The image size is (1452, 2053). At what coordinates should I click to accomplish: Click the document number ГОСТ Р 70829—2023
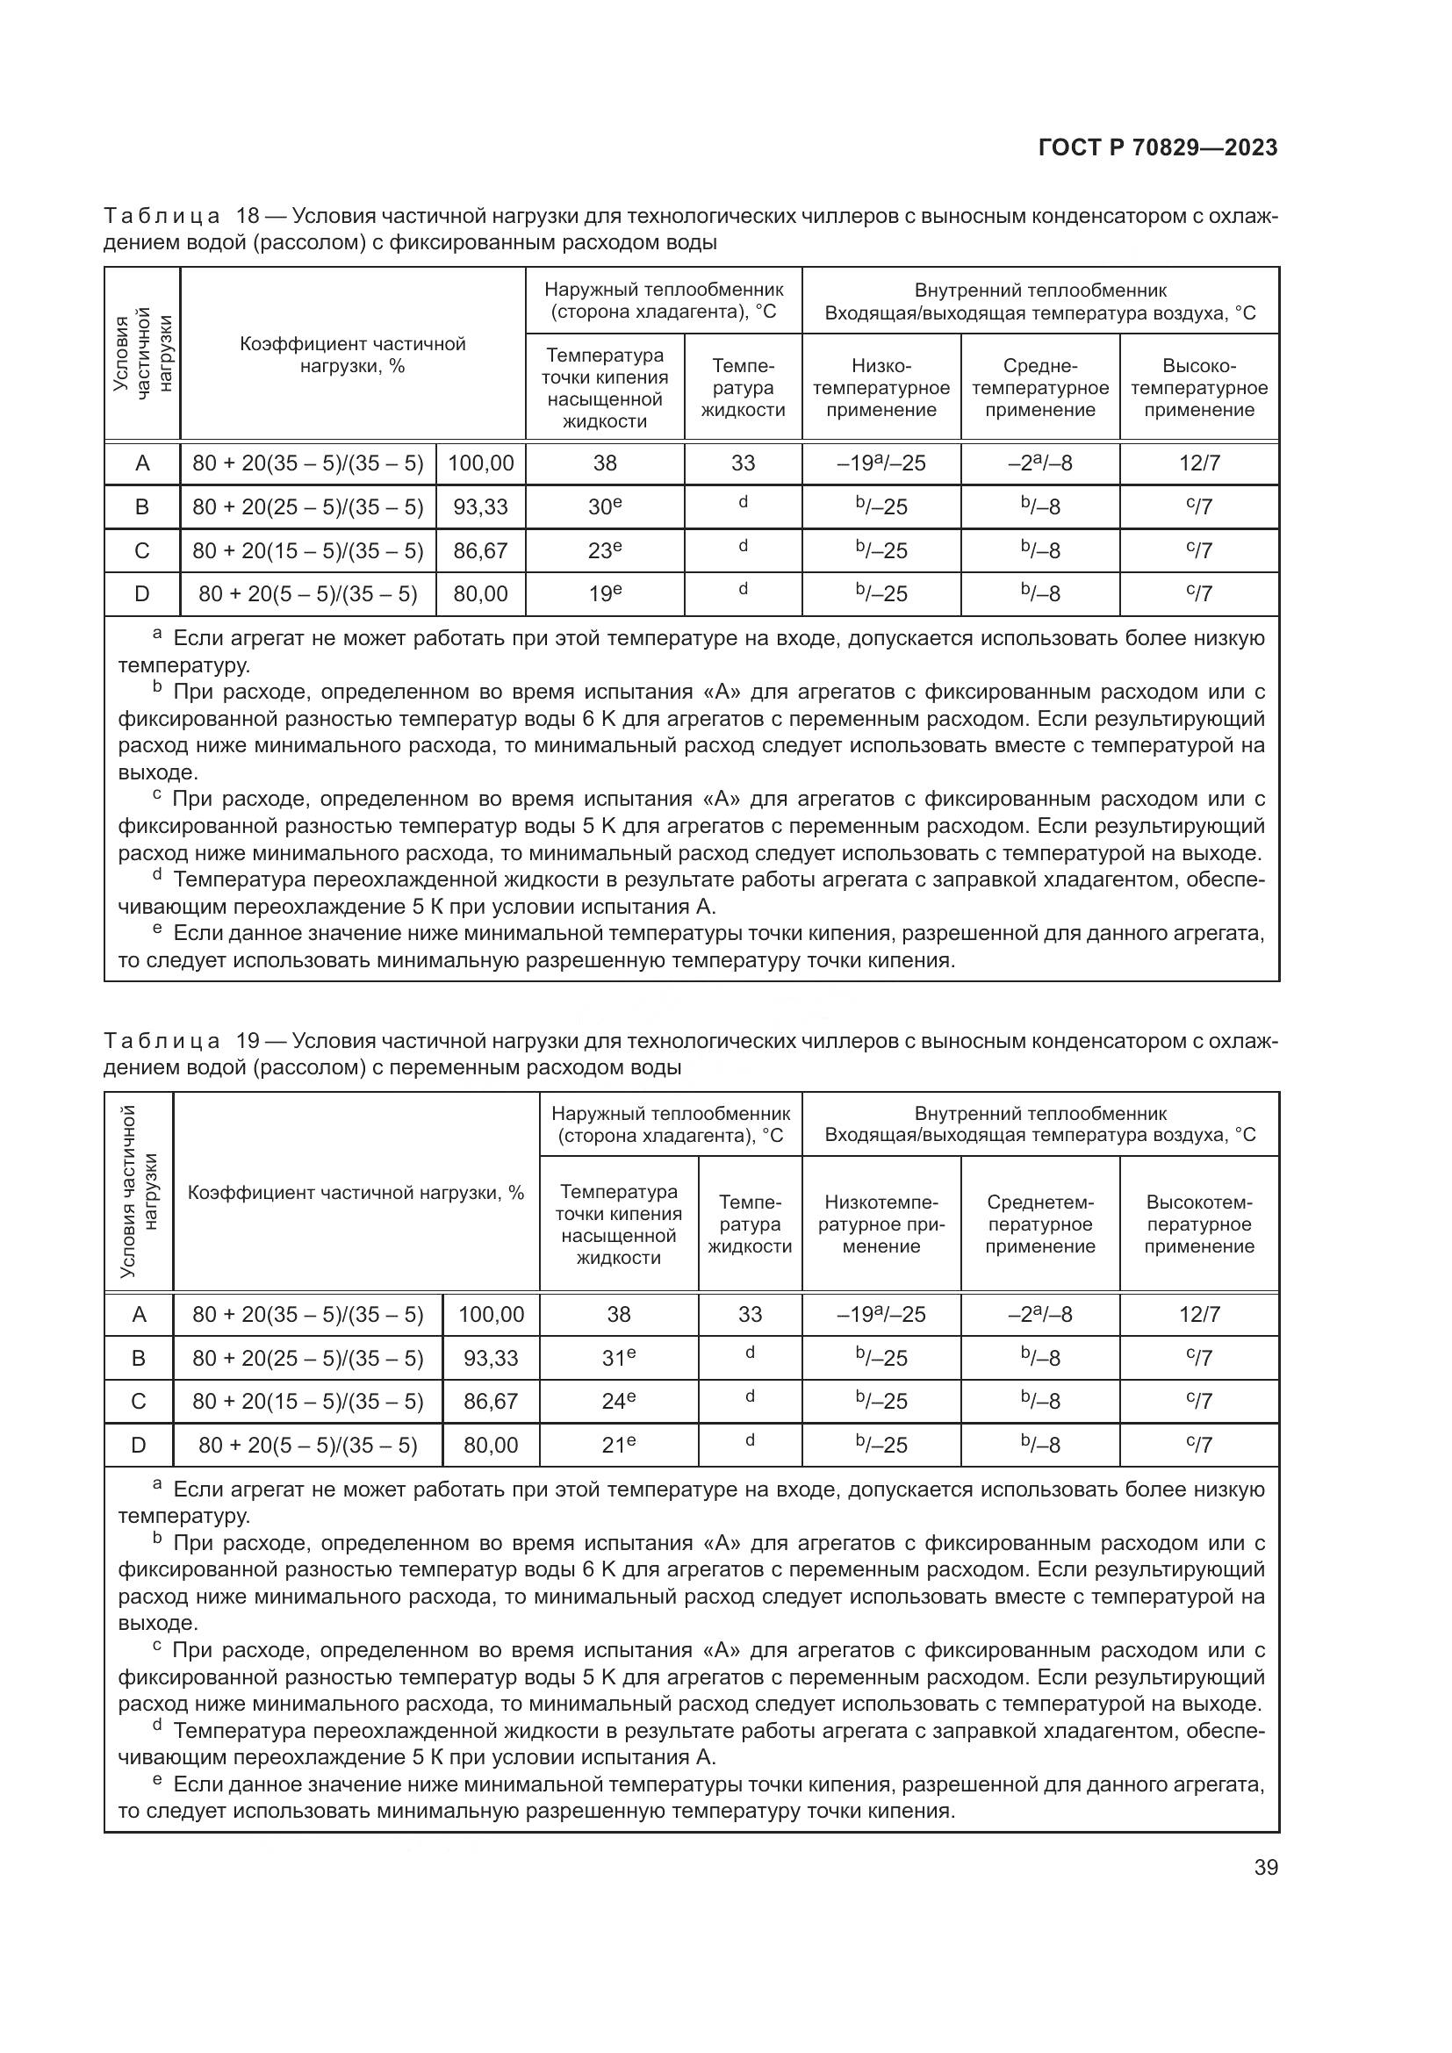coord(1158,147)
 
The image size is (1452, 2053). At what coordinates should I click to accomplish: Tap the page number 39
coord(1266,1867)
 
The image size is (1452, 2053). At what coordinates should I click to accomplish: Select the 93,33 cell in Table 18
coord(480,507)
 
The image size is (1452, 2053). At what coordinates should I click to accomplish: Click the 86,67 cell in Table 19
coord(490,1401)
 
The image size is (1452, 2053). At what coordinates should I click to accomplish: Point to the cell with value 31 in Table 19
coord(618,1358)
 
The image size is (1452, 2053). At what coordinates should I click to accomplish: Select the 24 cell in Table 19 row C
coord(618,1401)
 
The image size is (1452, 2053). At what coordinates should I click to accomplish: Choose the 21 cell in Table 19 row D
coord(618,1445)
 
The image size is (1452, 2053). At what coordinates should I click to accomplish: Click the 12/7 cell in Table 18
coord(1199,463)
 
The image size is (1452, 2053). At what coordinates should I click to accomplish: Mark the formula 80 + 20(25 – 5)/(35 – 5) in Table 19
coord(307,1358)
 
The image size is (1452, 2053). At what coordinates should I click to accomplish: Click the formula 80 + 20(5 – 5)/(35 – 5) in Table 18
coord(307,593)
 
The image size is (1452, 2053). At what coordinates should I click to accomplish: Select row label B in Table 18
coord(142,507)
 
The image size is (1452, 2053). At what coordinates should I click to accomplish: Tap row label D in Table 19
coord(139,1445)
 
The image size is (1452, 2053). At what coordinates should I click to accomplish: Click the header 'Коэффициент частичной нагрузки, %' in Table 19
coord(356,1193)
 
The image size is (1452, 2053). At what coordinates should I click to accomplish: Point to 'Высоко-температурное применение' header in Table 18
coord(1199,388)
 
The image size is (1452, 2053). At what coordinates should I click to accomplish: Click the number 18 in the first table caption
coord(248,217)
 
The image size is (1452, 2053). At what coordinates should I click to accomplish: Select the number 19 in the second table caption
coord(248,1041)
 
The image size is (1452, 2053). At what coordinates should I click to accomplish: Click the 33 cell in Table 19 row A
coord(749,1315)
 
